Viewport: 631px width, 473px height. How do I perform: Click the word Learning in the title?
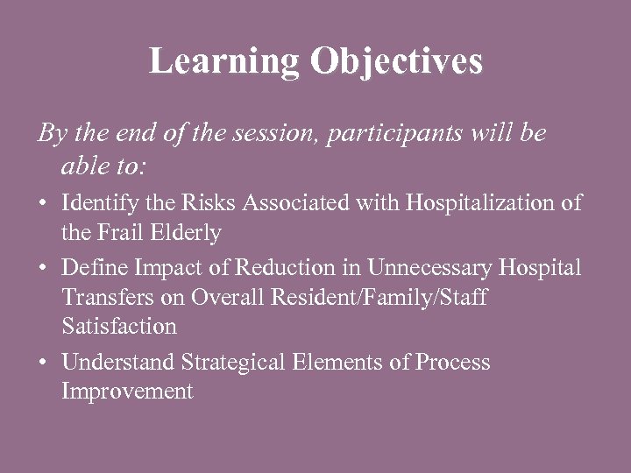[223, 62]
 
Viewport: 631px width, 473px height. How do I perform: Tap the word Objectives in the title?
[396, 62]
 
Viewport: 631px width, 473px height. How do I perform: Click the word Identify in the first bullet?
[93, 203]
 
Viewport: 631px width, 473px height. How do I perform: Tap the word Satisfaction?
[119, 327]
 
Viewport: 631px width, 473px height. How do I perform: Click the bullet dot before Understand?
[43, 363]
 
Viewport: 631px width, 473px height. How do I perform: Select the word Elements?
[345, 362]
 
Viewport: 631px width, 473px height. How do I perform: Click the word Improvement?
[127, 392]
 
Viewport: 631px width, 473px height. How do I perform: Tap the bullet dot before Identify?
[43, 204]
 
